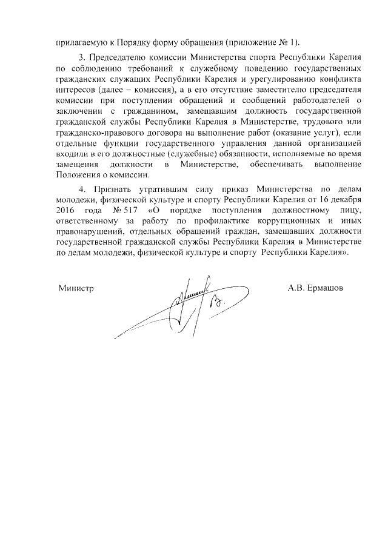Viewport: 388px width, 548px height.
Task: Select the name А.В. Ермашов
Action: [x=315, y=288]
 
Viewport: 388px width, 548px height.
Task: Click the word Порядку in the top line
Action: [x=145, y=42]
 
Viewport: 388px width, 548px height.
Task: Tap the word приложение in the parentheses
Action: [x=250, y=42]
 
